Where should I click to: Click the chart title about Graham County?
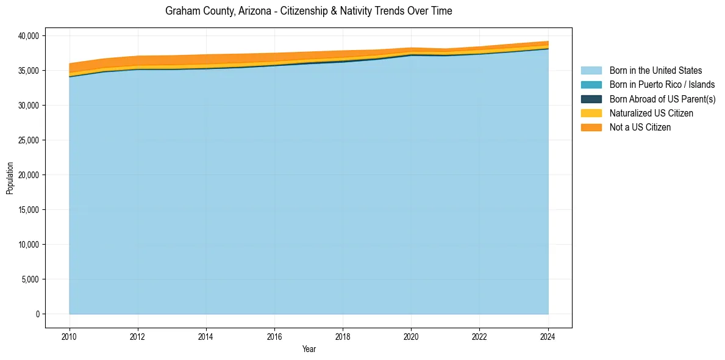coord(309,11)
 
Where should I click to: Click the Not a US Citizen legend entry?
coord(640,128)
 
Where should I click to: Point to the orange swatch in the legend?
coord(591,128)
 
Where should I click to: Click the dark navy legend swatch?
coord(591,99)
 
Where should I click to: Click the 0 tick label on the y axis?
coord(37,314)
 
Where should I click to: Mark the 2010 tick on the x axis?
coord(70,336)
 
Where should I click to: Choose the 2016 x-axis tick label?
coord(274,336)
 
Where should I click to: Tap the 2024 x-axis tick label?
coord(548,336)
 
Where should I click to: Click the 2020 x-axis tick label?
coord(411,336)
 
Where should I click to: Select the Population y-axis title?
coord(10,178)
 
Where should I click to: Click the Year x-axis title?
coord(309,349)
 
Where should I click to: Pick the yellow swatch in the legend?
coord(591,113)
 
